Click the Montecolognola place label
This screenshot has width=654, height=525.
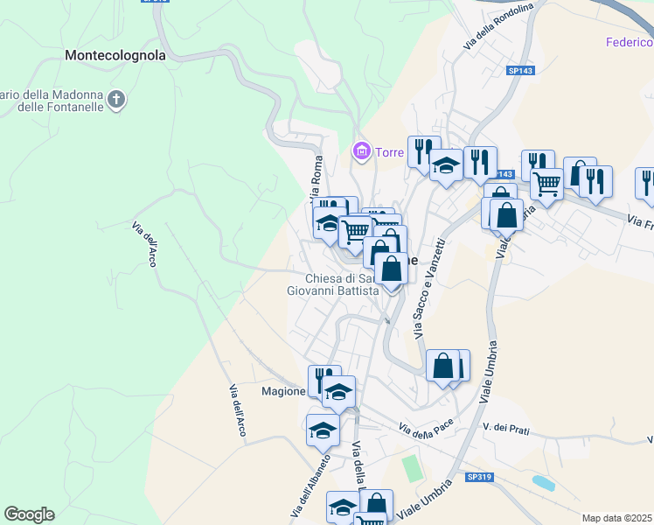pos(115,55)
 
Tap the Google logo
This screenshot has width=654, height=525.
pos(29,514)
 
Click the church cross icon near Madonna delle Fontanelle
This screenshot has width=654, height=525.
pos(116,101)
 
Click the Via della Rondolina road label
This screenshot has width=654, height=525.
pos(499,25)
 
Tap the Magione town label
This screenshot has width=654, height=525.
pos(282,391)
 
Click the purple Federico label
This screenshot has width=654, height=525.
pos(630,42)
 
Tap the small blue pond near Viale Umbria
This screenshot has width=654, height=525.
pos(543,482)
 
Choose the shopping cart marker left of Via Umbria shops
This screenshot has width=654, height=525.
pos(546,185)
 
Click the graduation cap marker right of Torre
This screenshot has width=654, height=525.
pos(446,166)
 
